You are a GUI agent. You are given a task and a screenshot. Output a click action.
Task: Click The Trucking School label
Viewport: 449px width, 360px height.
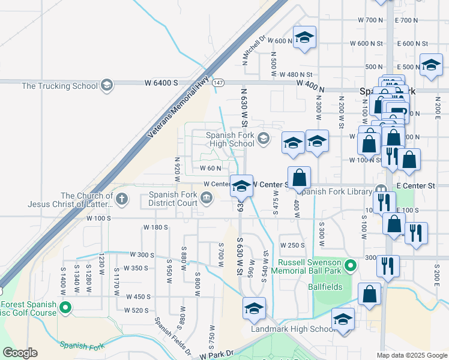(x=59, y=86)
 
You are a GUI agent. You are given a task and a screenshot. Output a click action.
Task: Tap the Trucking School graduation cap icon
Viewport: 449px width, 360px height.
(x=107, y=85)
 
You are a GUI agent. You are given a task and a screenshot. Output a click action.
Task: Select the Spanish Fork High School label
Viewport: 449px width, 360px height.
(x=230, y=139)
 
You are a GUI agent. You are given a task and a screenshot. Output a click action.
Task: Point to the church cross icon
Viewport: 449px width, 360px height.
(x=121, y=198)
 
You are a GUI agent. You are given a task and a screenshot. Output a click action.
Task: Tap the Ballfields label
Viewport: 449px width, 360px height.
(x=326, y=287)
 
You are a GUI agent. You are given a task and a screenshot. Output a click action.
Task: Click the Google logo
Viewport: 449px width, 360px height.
(x=20, y=353)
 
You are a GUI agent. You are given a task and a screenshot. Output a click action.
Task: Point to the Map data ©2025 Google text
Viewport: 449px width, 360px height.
(x=412, y=355)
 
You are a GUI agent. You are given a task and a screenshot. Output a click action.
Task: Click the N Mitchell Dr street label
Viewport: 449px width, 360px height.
(x=254, y=49)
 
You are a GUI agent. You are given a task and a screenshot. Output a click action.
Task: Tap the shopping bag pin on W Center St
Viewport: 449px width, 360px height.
(x=299, y=178)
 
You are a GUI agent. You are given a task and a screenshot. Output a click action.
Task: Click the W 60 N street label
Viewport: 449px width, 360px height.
(x=211, y=169)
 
